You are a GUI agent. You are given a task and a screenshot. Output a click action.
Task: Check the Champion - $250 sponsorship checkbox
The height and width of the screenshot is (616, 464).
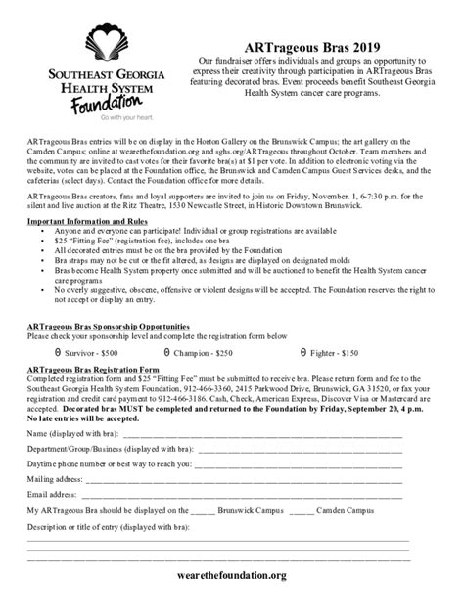pos(166,350)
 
